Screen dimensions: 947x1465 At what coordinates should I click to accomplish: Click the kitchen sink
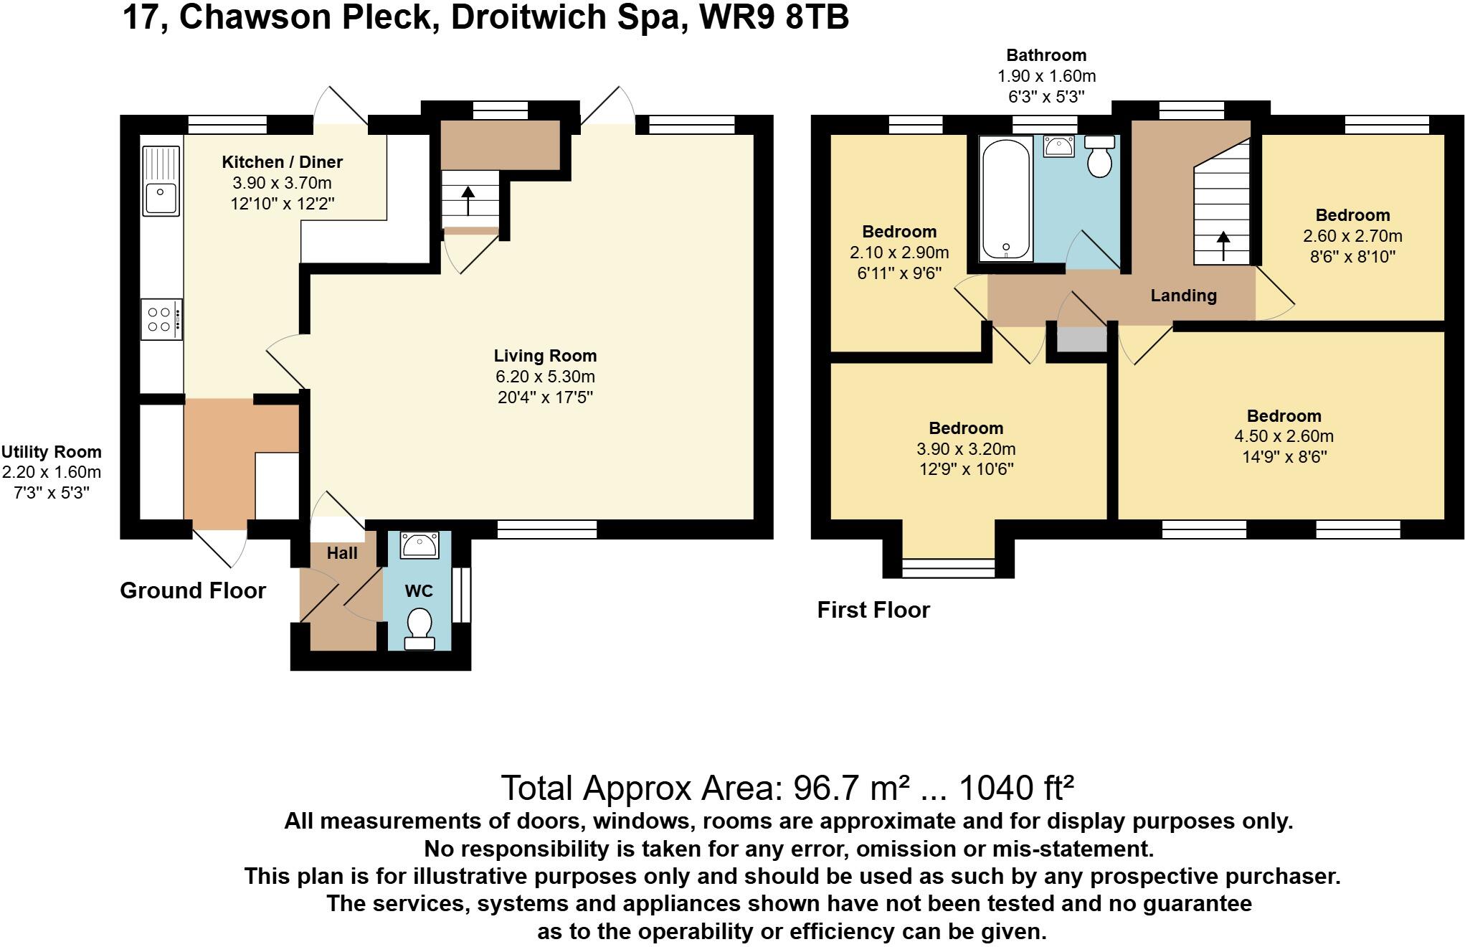161,181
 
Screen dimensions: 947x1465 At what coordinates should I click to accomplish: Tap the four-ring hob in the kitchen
161,320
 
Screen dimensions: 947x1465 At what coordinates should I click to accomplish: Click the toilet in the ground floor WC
419,628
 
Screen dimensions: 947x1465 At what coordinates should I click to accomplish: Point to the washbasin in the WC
420,545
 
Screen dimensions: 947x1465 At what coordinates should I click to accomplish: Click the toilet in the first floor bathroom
1099,156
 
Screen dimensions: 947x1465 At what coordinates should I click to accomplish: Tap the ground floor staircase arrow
468,200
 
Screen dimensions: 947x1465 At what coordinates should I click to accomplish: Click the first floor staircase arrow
1223,245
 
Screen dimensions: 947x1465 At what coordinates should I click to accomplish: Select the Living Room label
545,356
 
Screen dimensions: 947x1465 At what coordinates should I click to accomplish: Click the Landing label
1183,296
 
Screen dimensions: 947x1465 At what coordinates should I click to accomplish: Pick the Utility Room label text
52,452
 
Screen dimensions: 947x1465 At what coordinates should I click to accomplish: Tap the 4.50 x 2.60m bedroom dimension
1284,436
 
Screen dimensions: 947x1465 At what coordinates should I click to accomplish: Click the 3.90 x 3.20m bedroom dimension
966,449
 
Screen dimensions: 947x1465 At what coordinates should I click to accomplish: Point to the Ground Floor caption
193,590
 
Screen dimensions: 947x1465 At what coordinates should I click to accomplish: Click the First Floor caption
873,610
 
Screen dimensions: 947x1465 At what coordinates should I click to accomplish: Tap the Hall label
342,553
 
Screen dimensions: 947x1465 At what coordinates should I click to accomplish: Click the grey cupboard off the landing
1082,339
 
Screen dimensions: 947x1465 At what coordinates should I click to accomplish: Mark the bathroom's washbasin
1059,146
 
